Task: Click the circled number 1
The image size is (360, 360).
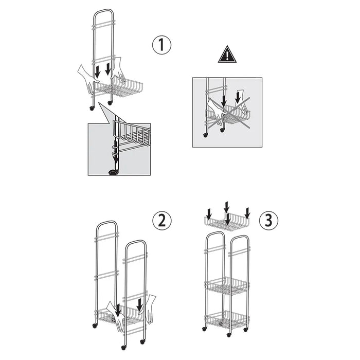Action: [x=161, y=45]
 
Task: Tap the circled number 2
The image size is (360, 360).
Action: [x=162, y=220]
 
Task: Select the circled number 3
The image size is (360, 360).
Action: [x=268, y=220]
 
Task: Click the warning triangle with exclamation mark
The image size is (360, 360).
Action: [x=227, y=55]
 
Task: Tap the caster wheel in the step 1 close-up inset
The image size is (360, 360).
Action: [x=113, y=173]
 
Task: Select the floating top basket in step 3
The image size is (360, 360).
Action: [x=227, y=222]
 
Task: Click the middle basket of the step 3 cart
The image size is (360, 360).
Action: [x=227, y=286]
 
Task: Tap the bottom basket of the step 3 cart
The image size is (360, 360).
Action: [x=227, y=320]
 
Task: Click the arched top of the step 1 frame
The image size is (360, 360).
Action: [x=103, y=10]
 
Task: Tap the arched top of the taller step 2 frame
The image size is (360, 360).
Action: [x=107, y=222]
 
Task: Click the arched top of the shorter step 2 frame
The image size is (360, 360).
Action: [x=135, y=242]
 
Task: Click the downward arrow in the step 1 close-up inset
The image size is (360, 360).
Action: [x=116, y=152]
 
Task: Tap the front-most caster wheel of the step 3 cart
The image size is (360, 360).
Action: [x=229, y=335]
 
